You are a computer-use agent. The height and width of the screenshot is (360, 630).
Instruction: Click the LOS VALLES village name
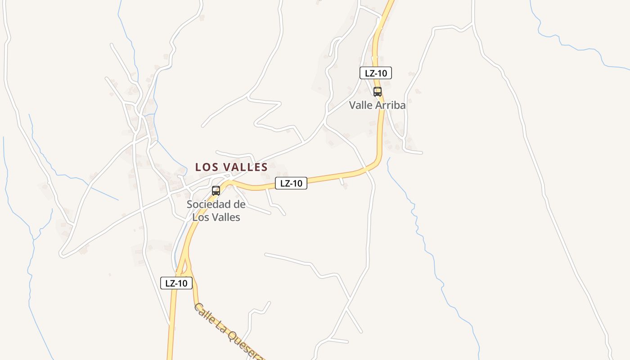click(231, 167)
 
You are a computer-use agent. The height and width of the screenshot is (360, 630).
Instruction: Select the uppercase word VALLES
click(246, 167)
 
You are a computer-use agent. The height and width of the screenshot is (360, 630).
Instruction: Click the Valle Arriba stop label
click(378, 105)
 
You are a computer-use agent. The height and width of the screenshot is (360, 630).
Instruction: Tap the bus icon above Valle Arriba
click(378, 92)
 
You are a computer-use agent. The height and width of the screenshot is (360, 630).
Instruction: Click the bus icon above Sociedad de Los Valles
click(216, 191)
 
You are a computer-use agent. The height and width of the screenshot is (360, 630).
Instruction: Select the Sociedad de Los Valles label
click(216, 211)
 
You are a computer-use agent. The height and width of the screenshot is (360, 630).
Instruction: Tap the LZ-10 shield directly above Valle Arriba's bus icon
click(376, 73)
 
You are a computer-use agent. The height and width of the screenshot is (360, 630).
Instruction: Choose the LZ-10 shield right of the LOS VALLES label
click(291, 183)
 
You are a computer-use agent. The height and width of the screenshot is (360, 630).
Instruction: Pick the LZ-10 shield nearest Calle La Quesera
click(176, 283)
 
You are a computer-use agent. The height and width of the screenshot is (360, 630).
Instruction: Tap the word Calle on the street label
click(204, 313)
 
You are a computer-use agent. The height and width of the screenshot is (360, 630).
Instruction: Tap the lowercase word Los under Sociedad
click(201, 217)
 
